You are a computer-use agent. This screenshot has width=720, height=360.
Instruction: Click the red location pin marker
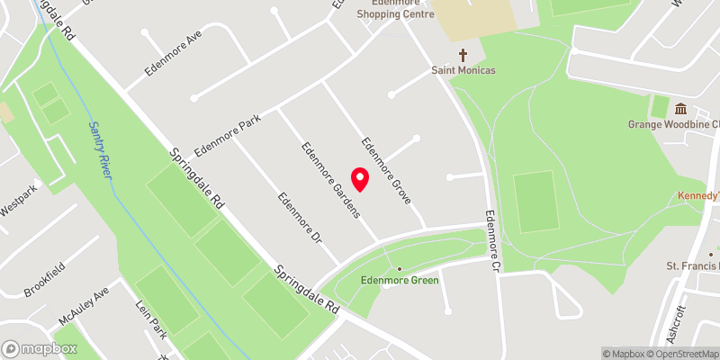click(x=359, y=178)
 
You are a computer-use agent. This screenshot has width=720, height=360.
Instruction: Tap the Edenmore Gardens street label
click(x=331, y=180)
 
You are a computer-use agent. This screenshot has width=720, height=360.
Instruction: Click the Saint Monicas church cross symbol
click(x=463, y=54)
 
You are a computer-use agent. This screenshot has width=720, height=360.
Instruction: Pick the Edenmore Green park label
click(x=399, y=281)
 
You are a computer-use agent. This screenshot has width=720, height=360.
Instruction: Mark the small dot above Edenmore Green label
click(x=399, y=269)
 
